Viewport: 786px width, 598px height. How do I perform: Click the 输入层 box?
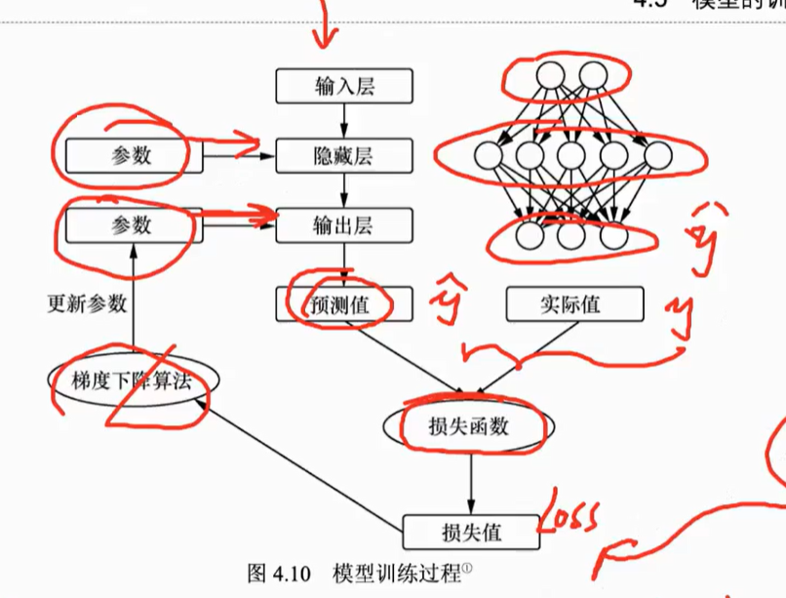click(x=344, y=86)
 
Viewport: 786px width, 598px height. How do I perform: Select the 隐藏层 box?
click(x=344, y=155)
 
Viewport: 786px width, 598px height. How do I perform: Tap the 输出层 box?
click(x=344, y=225)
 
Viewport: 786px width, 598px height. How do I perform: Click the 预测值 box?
click(x=344, y=304)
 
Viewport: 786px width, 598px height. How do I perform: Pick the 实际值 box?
click(x=574, y=304)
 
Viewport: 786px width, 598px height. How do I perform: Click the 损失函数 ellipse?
click(x=470, y=426)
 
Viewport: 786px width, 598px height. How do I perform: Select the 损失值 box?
click(x=471, y=533)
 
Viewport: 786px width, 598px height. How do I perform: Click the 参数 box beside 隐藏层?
click(x=134, y=155)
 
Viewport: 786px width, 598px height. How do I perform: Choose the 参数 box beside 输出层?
click(x=134, y=225)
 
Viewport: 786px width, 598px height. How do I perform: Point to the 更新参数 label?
click(x=87, y=303)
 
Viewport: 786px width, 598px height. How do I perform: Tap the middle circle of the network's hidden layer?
click(x=570, y=155)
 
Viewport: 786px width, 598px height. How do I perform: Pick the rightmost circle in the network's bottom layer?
click(x=612, y=235)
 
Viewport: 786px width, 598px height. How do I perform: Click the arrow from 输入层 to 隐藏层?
click(x=344, y=120)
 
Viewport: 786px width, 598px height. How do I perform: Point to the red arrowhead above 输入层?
click(x=323, y=41)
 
